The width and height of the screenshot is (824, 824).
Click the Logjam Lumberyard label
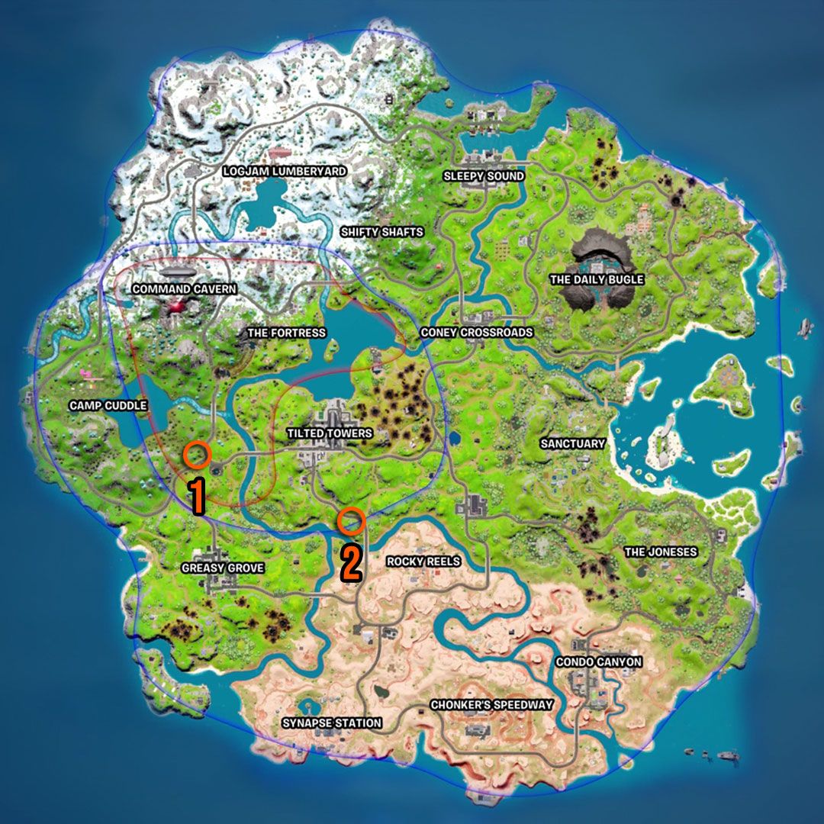coord(284,172)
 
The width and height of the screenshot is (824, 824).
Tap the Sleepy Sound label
coord(484,176)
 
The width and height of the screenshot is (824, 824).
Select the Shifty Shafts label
coord(381,232)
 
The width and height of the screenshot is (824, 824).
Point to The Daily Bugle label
coord(597,280)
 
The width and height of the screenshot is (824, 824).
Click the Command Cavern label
coord(184,290)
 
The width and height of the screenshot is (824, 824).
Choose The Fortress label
coord(286,333)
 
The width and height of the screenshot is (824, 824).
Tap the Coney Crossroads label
coord(477,333)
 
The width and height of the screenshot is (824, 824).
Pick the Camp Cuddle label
coord(108,405)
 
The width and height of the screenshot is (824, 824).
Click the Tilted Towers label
coord(330,433)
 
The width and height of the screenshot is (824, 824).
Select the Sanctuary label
coord(572,443)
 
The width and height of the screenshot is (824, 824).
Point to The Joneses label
coord(661,552)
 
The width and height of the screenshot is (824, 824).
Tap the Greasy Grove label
coord(223,568)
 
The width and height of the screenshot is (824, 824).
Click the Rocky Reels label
coord(423,562)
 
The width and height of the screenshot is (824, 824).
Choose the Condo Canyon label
coord(598,661)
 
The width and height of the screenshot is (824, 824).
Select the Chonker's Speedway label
coord(491,704)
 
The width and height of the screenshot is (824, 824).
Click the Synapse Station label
coord(332,723)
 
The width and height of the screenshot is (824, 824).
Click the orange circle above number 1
coord(197,455)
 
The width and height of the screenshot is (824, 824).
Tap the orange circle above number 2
coord(351,520)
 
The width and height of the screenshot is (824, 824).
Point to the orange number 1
coord(197,496)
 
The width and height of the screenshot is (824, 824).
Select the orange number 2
coord(350,563)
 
